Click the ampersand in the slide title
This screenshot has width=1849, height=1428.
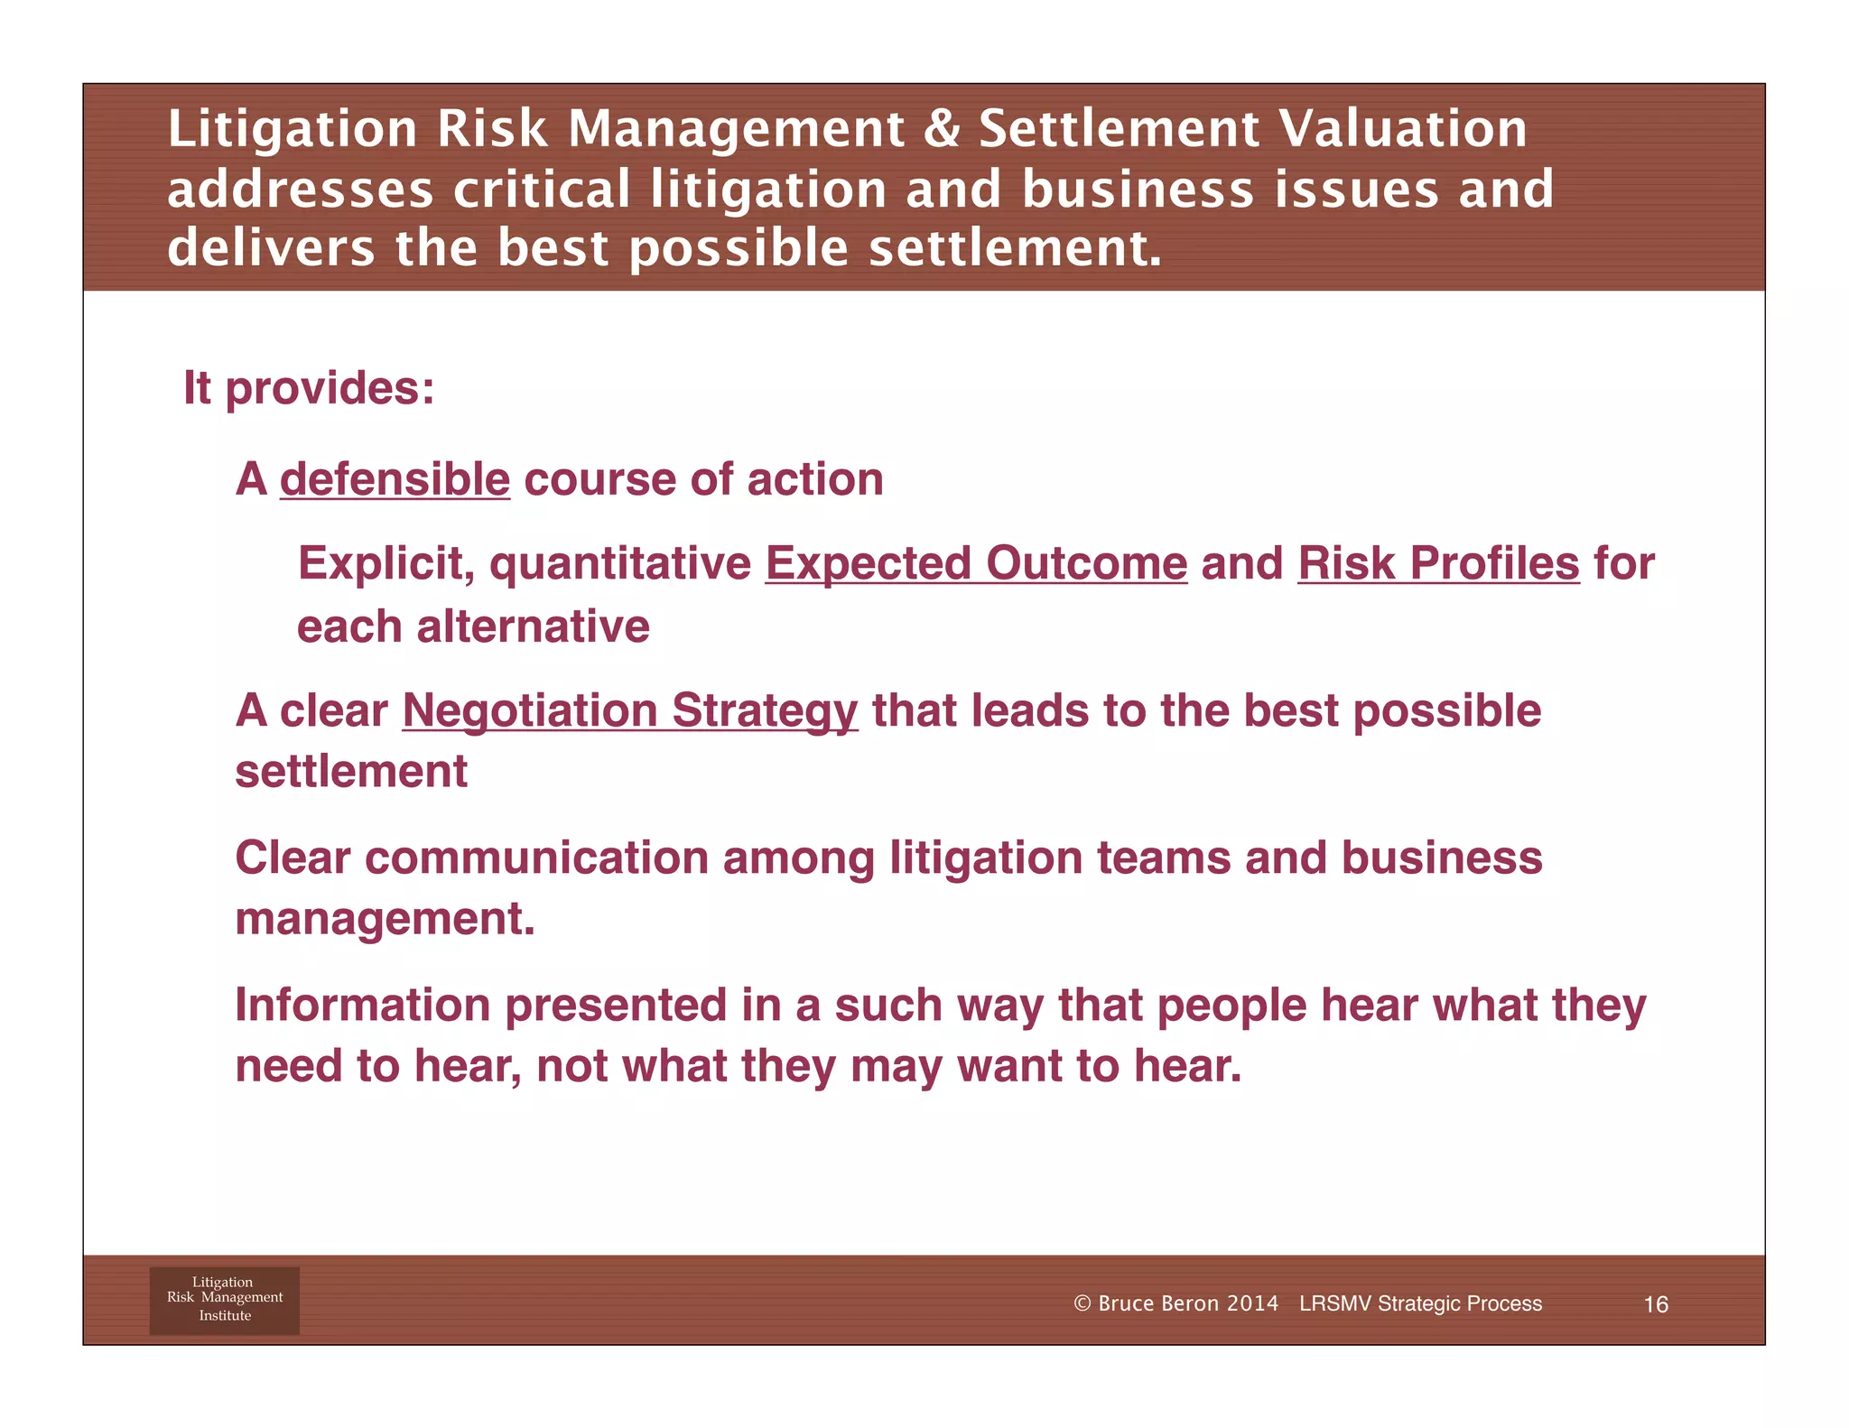[x=942, y=128]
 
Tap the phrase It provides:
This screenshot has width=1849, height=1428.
[x=309, y=388]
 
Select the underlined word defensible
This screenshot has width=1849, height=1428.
[x=395, y=479]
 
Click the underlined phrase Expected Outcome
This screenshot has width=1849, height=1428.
[x=976, y=564]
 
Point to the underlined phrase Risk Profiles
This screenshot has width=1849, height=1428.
[x=1438, y=564]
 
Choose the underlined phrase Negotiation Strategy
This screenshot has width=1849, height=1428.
[x=629, y=711]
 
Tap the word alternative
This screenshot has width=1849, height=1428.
[x=533, y=626]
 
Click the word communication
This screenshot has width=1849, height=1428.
[x=536, y=858]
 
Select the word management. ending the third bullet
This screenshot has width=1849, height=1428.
[x=385, y=919]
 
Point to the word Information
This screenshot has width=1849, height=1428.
[x=362, y=1006]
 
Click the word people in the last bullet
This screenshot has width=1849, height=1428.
[x=1231, y=1006]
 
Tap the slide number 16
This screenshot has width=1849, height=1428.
[x=1655, y=1304]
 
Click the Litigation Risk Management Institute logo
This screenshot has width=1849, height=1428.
[x=224, y=1300]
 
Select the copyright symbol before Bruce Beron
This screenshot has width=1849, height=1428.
[x=1082, y=1303]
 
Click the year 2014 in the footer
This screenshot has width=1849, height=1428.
[x=1252, y=1303]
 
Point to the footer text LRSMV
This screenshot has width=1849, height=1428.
[x=1335, y=1303]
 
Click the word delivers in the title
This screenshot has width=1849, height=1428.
[x=271, y=248]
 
